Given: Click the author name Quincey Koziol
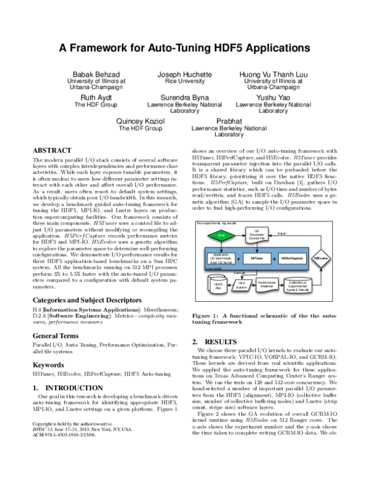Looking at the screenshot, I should click(140, 121).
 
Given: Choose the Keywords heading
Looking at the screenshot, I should click(49, 365).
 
